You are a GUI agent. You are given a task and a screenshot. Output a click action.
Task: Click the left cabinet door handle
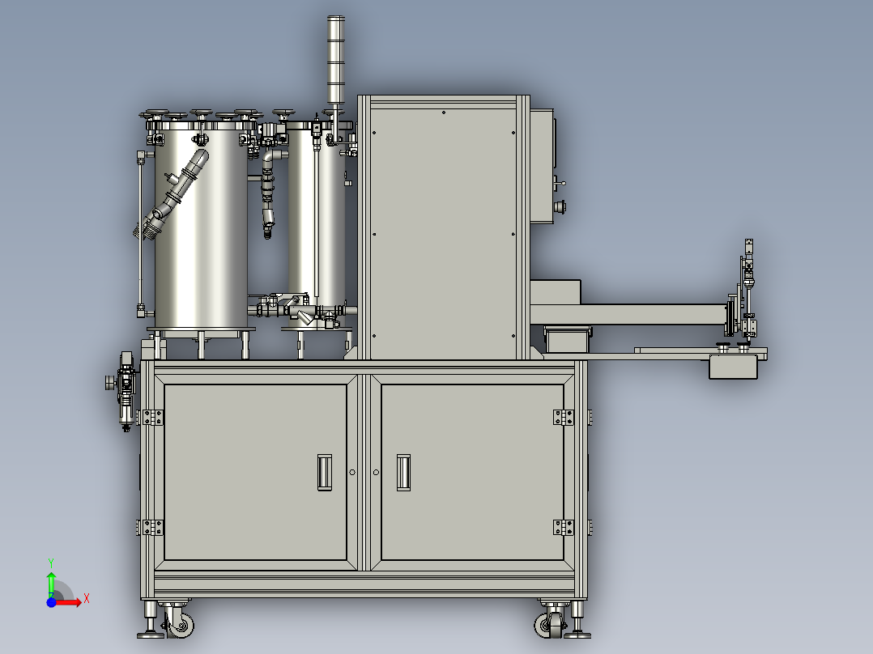click(x=324, y=471)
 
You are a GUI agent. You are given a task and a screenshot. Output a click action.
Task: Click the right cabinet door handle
click(x=403, y=471)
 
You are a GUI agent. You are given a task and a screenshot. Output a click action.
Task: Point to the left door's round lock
click(x=351, y=472)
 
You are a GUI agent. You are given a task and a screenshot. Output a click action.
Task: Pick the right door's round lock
click(x=376, y=472)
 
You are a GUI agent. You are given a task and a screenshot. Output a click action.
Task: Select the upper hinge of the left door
click(x=151, y=417)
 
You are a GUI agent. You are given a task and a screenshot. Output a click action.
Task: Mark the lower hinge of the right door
click(x=564, y=527)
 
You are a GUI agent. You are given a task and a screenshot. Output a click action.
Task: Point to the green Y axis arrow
click(x=51, y=582)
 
